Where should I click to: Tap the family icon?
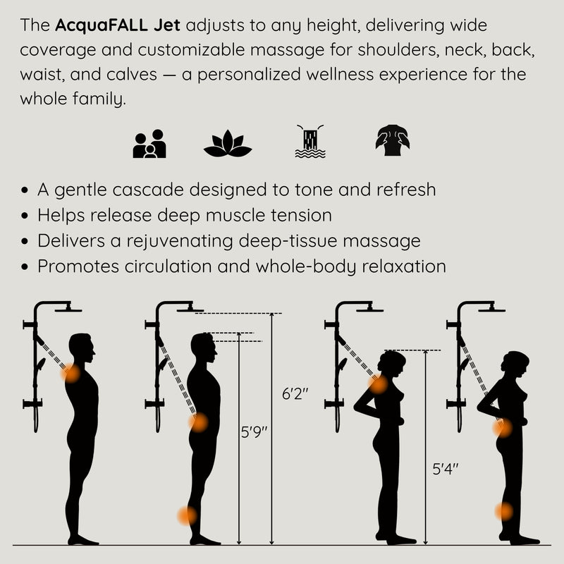click(x=149, y=144)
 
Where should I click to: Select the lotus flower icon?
click(x=227, y=145)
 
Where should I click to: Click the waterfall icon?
click(x=310, y=142)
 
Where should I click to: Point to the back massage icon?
click(x=392, y=140)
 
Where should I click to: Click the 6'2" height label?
click(x=296, y=395)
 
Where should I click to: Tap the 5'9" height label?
click(x=254, y=432)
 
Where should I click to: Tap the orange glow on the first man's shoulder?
click(x=70, y=374)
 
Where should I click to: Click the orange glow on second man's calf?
click(x=188, y=515)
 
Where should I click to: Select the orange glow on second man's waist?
click(x=199, y=422)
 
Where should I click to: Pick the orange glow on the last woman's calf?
click(x=503, y=512)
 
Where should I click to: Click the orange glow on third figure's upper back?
click(x=379, y=384)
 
